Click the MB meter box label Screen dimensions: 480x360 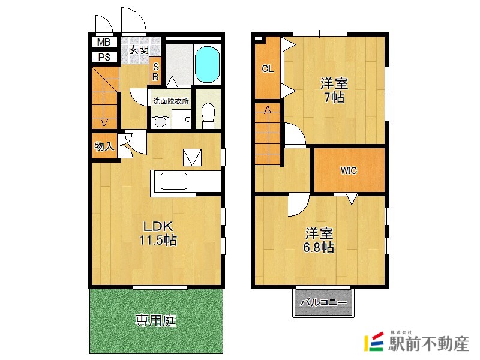click(x=103, y=42)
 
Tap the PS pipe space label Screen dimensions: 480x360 click(x=104, y=57)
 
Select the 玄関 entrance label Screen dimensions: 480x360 click(x=139, y=50)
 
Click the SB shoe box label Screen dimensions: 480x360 click(x=155, y=71)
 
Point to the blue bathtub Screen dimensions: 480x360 click(x=207, y=64)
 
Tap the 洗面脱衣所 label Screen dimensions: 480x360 click(x=171, y=101)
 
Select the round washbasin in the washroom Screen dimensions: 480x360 click(x=160, y=122)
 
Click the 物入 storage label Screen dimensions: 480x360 click(x=104, y=146)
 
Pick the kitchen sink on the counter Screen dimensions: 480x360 click(x=174, y=181)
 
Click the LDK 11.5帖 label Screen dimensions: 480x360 click(x=158, y=233)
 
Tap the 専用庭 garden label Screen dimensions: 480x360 click(x=156, y=320)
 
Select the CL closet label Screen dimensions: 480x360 click(x=268, y=69)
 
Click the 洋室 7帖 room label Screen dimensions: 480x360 click(x=334, y=91)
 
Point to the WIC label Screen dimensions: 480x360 click(x=349, y=170)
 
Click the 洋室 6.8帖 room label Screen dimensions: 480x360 click(x=319, y=241)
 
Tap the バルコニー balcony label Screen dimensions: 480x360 click(x=323, y=303)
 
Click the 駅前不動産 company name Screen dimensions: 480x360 click(x=428, y=344)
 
